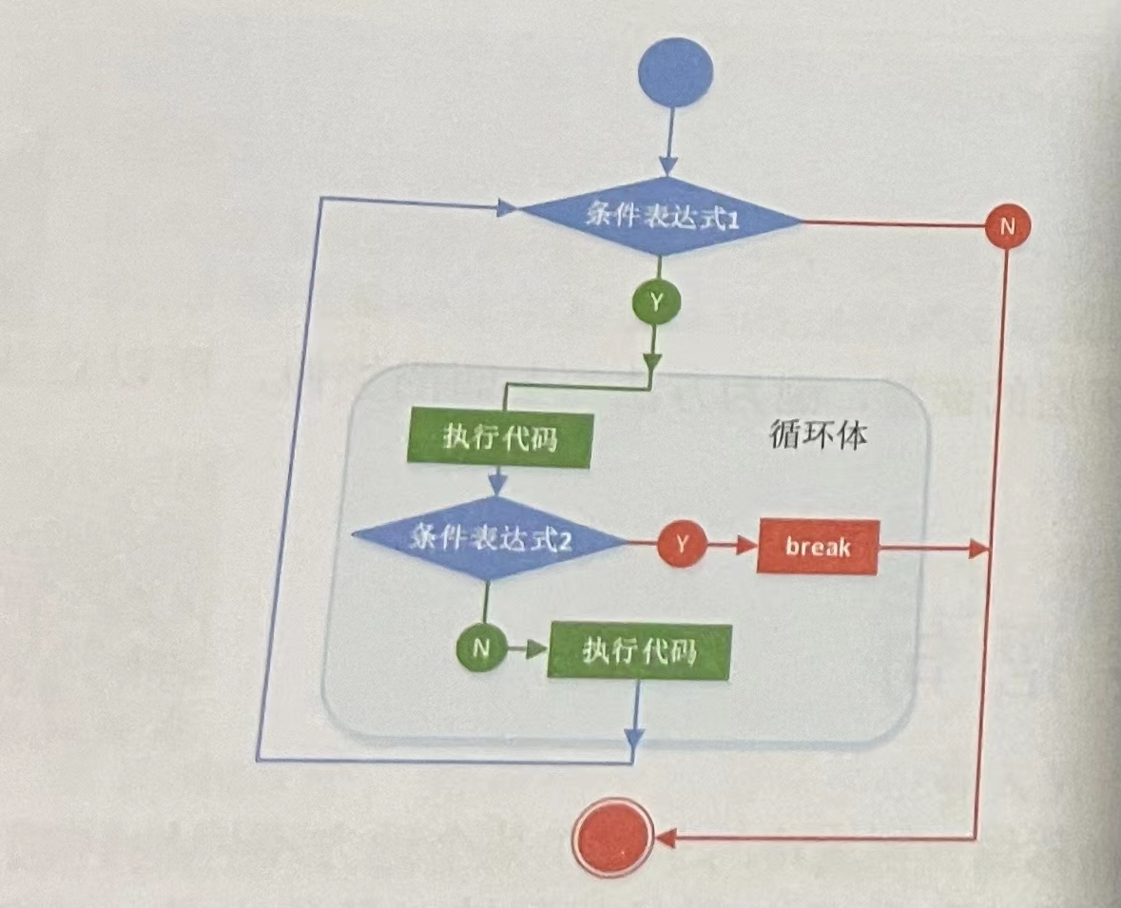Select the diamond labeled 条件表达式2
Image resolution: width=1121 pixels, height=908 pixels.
(x=489, y=539)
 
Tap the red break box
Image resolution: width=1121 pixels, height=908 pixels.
(x=817, y=547)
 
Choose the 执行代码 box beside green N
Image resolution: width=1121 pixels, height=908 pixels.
(x=640, y=652)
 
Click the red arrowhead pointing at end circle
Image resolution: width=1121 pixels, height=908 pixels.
(x=666, y=839)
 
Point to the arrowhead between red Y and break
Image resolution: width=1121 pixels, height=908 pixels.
(x=746, y=546)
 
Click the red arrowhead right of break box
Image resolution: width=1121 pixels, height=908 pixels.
(x=976, y=550)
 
